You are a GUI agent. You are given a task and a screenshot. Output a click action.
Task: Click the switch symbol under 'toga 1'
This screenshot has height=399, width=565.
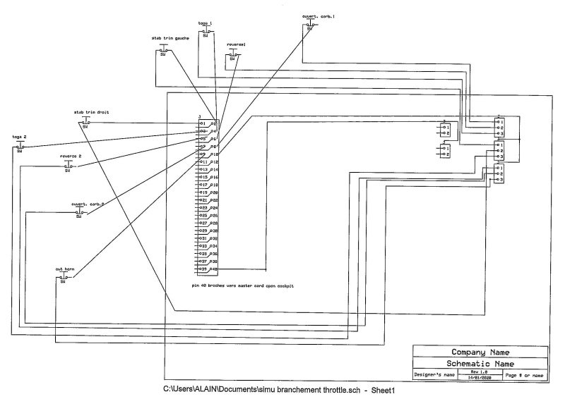point(206,31)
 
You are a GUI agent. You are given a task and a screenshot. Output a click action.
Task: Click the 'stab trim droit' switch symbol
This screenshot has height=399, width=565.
point(86,123)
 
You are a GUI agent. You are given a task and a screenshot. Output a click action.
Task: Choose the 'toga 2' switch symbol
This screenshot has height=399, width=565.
point(20,147)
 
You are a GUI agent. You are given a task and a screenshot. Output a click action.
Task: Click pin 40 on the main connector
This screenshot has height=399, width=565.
point(213,269)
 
